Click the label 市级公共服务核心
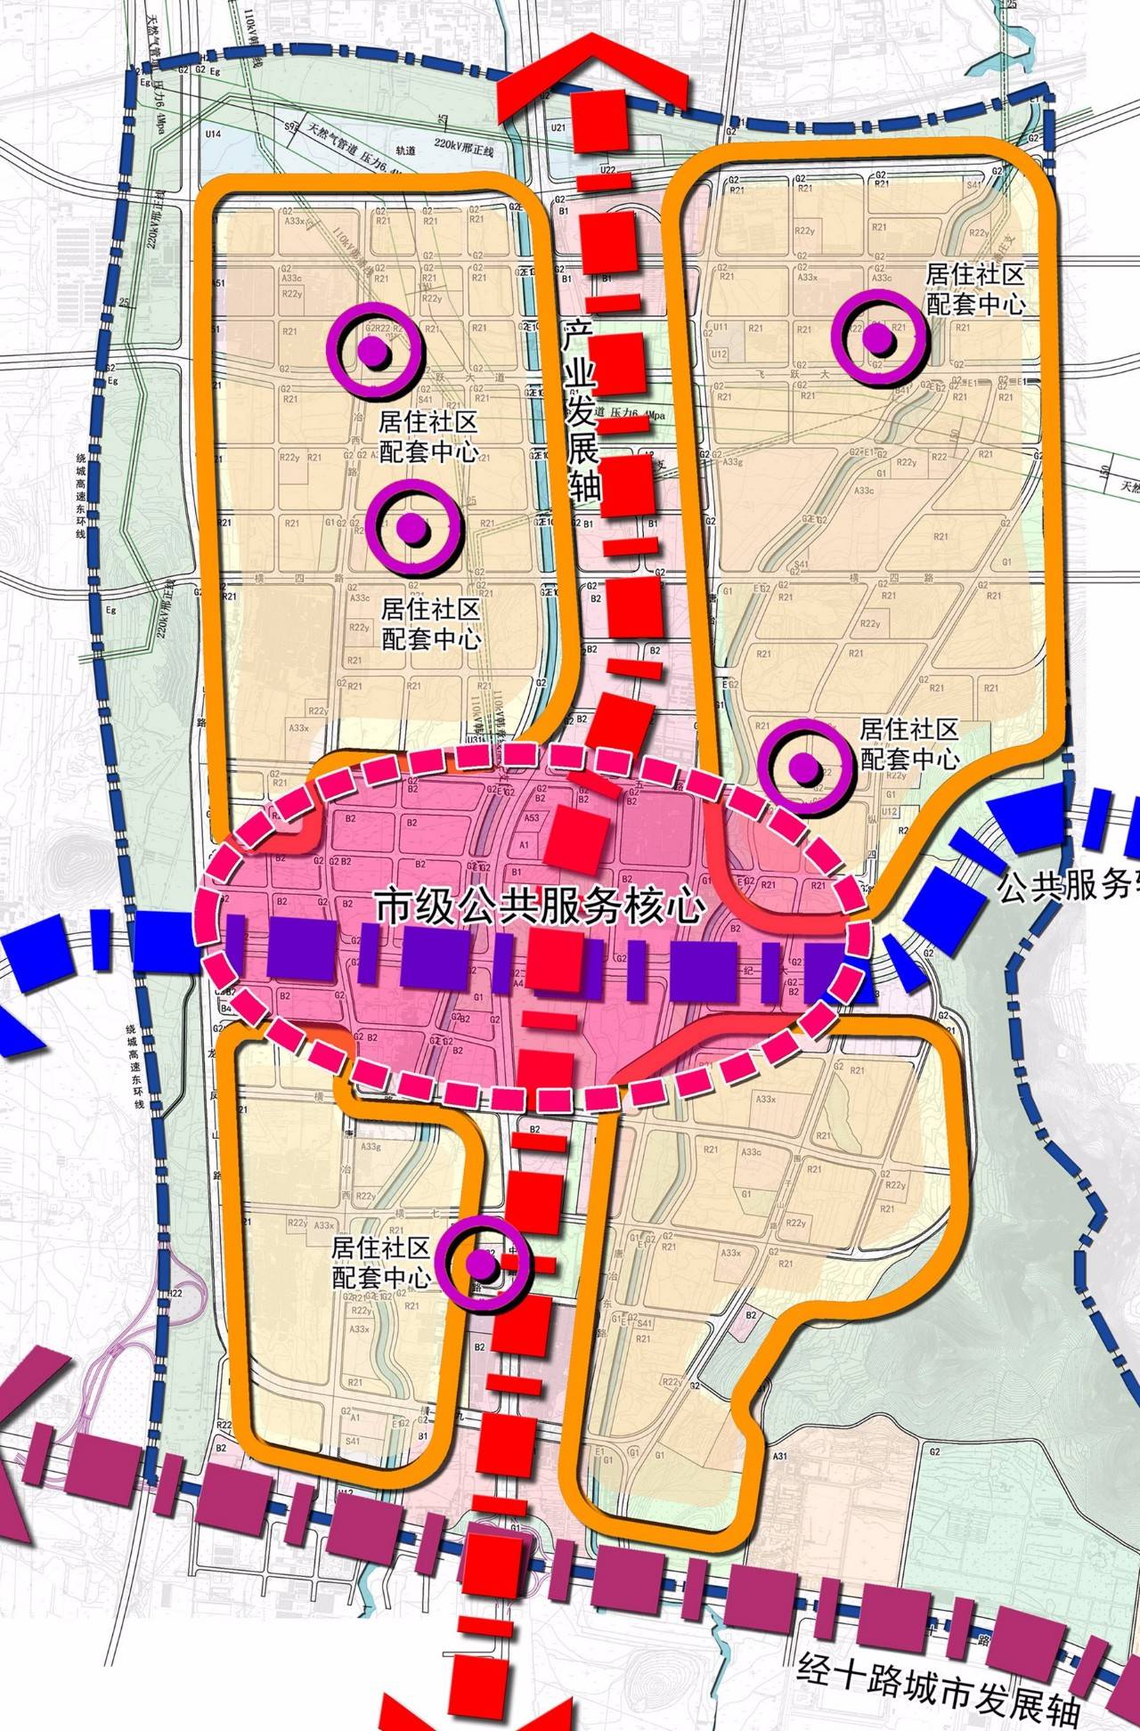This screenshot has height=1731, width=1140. [541, 907]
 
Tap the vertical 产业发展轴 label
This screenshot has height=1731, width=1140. [582, 410]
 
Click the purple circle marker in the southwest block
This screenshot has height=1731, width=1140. [484, 1262]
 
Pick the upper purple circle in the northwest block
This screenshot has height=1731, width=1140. [374, 351]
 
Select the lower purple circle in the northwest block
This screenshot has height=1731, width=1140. [413, 528]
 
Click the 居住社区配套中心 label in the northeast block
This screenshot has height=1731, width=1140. [975, 288]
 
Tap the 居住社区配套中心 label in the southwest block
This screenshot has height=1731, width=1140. [381, 1262]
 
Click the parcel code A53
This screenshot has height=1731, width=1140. [533, 817]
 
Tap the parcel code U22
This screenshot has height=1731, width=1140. [607, 168]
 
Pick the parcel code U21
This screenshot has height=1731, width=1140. [558, 127]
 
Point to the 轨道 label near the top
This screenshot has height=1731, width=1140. [405, 150]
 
